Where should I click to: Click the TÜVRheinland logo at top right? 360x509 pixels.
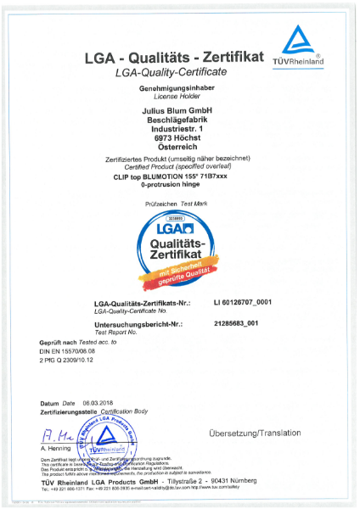point(298,47)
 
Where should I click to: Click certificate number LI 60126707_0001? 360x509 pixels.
point(244,302)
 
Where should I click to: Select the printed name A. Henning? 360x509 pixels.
point(55,447)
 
